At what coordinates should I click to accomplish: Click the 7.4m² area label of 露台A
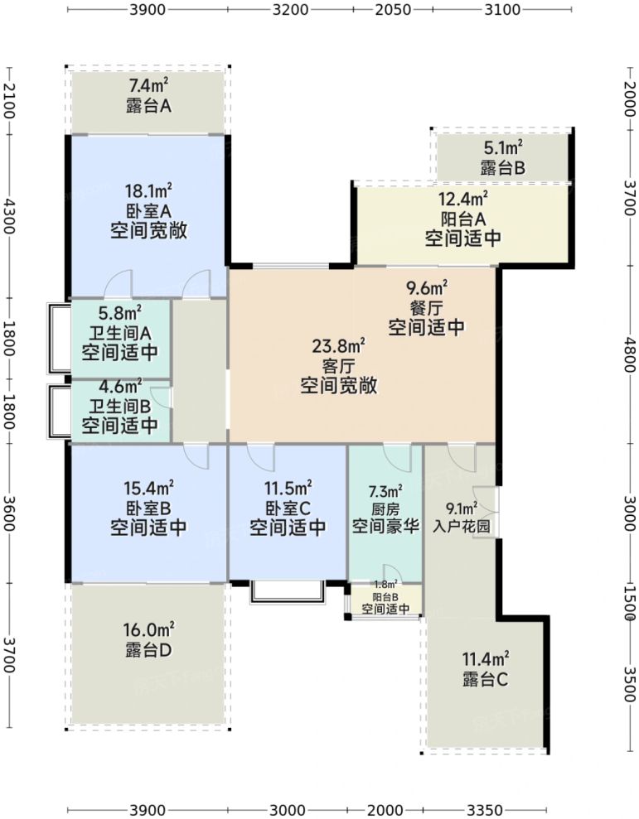pos(149,85)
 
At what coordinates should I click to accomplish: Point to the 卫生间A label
pos(119,334)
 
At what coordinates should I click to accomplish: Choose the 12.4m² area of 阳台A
pos(462,200)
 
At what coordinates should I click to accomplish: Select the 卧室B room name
pos(148,508)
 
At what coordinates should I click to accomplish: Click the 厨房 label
pos(385,508)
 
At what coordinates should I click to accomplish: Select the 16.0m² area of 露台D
pos(148,629)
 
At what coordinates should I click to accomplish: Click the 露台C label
pos(486,681)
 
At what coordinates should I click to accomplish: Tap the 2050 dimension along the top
pos(393,10)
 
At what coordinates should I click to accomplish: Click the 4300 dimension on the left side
pos(9,216)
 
